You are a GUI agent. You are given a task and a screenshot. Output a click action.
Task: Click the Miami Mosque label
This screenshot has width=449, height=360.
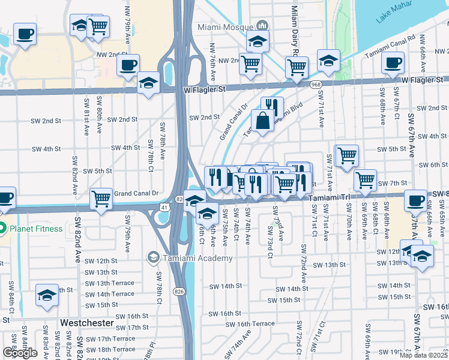(224, 28)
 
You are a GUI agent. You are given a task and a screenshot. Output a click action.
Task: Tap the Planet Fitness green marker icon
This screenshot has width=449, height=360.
(3, 229)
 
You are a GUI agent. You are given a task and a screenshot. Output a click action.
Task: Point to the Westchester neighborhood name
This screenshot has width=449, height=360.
(87, 323)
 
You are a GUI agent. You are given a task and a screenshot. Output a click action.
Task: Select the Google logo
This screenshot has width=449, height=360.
(20, 353)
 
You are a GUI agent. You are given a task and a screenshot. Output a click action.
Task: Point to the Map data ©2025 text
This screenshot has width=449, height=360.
(424, 355)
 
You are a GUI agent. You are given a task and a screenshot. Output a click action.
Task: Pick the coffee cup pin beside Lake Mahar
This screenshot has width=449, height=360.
(393, 62)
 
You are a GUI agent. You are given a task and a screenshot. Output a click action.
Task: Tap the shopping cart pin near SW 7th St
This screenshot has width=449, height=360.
(364, 179)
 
